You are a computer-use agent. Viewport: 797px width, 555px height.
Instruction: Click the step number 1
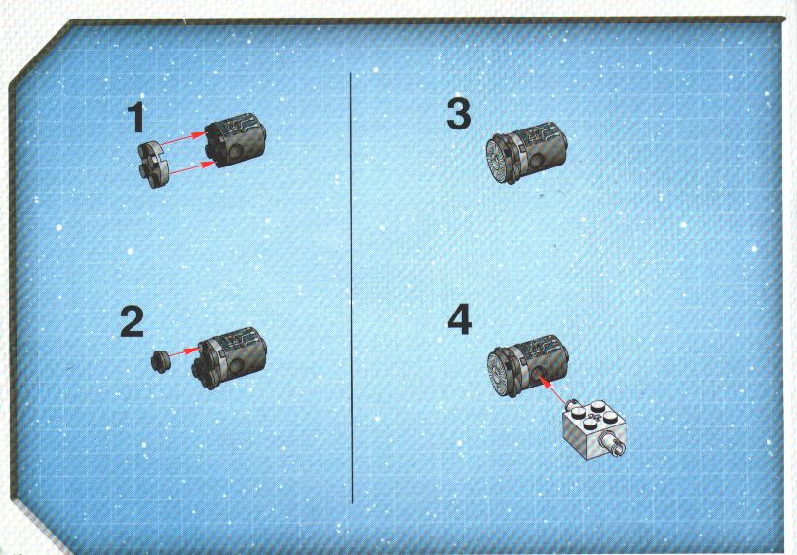(135, 117)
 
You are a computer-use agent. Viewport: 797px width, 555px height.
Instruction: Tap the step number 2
(133, 321)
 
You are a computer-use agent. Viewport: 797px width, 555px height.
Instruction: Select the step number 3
(459, 114)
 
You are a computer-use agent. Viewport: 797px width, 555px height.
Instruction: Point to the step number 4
(460, 319)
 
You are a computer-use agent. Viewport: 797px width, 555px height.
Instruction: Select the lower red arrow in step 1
(191, 168)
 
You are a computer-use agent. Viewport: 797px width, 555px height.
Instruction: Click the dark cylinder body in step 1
(235, 139)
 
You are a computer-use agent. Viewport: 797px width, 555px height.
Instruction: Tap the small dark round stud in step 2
(160, 361)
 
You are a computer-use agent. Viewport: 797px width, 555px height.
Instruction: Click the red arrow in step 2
(183, 351)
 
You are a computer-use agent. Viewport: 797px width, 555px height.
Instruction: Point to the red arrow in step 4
(552, 389)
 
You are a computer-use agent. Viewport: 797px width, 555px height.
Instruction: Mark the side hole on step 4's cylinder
(538, 375)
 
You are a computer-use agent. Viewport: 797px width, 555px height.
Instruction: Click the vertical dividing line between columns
(351, 288)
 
